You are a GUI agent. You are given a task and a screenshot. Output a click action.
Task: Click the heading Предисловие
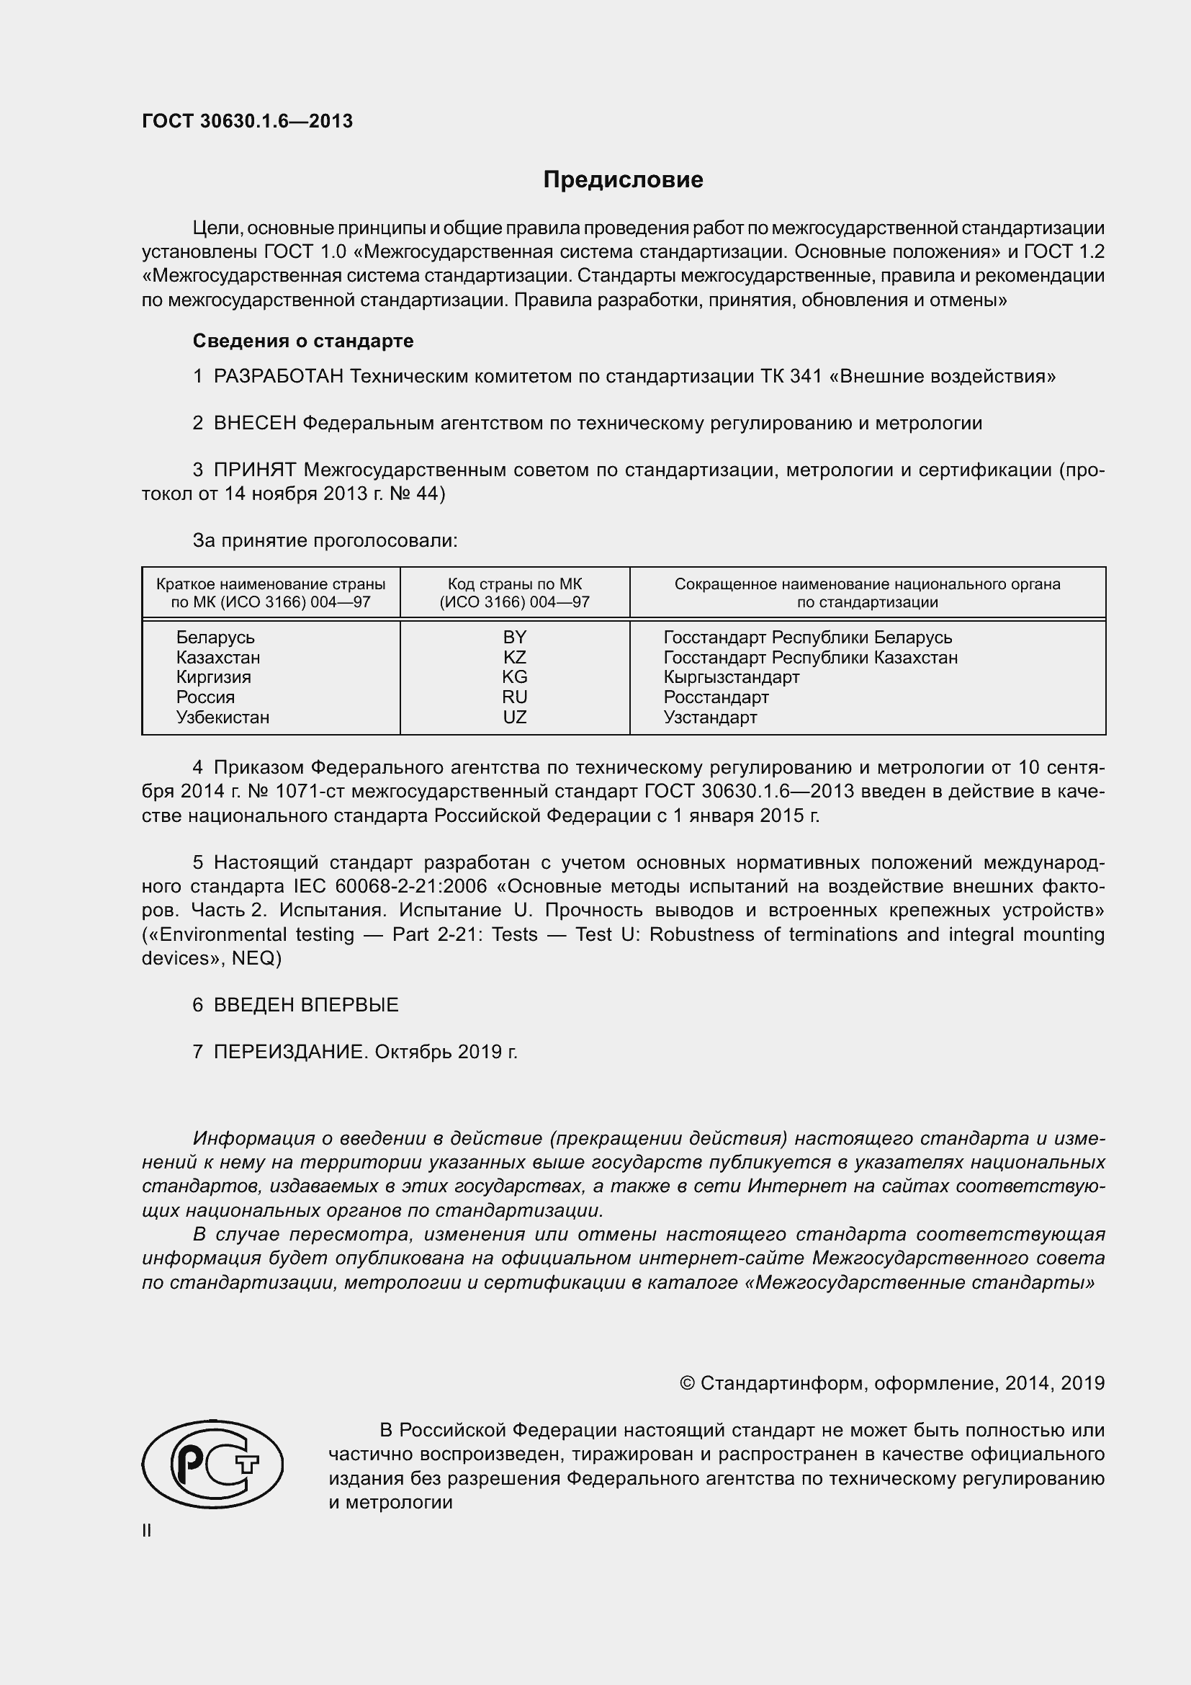pos(623,180)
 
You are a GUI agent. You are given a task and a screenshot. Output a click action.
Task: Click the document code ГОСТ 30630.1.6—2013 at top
pos(247,121)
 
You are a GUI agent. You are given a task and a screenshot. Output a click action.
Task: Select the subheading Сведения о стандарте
pos(303,341)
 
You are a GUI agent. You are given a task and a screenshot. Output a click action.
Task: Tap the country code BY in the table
pos(514,637)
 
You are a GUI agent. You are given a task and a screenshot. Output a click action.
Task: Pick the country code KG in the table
pos(514,676)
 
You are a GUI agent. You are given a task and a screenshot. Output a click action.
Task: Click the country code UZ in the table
pos(514,717)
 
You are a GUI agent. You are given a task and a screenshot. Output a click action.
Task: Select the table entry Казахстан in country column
pos(217,658)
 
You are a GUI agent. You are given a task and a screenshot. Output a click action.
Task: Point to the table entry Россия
pos(205,697)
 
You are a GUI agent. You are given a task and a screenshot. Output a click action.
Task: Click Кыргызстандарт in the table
pos(731,676)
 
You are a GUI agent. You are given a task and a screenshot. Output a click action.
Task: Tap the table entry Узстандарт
pos(710,717)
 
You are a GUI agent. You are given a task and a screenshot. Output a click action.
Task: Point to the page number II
pos(147,1531)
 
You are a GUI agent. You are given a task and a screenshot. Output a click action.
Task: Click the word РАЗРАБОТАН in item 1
pos(279,377)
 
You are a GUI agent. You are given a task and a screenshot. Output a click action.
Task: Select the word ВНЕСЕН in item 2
pos(255,424)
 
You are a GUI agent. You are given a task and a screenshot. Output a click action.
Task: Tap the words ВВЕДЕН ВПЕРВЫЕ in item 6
pos(306,1005)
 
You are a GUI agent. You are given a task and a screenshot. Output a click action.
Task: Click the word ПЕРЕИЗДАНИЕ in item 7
pos(289,1052)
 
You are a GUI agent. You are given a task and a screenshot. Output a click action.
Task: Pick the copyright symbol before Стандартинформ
pos(687,1383)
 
